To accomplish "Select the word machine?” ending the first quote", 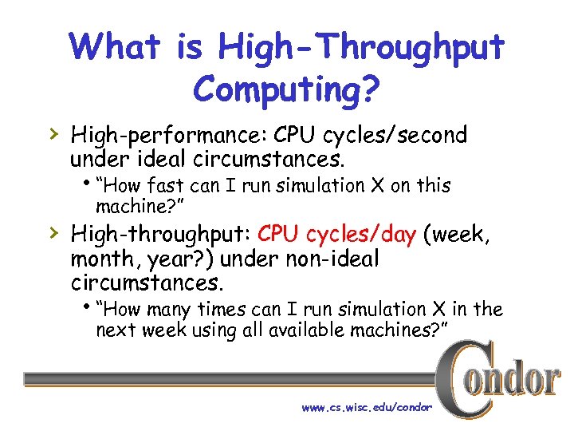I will (140, 208).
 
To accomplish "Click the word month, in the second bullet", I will (104, 259).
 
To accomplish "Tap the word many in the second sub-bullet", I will (175, 309).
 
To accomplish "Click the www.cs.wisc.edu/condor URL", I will (366, 407).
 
